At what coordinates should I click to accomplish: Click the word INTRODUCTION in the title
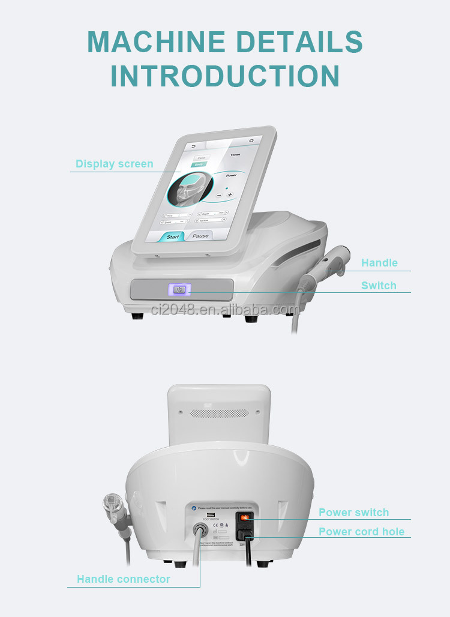pos(225,76)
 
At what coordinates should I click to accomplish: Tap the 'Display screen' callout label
pos(114,164)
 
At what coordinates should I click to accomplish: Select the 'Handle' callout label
pos(379,263)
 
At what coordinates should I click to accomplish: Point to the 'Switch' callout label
pos(379,286)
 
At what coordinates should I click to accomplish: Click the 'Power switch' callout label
pos(353,513)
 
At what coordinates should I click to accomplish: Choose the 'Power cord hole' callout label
pos(361,532)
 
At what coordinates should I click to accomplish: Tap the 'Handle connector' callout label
pos(123,579)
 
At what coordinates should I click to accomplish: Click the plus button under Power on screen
pos(230,195)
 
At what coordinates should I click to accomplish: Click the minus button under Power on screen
pos(219,194)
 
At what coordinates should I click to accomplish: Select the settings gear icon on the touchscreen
pos(251,140)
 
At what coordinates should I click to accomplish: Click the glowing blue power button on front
pos(179,290)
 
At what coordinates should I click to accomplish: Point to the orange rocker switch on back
pos(245,517)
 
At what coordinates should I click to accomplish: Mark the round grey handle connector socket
pos(200,531)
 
